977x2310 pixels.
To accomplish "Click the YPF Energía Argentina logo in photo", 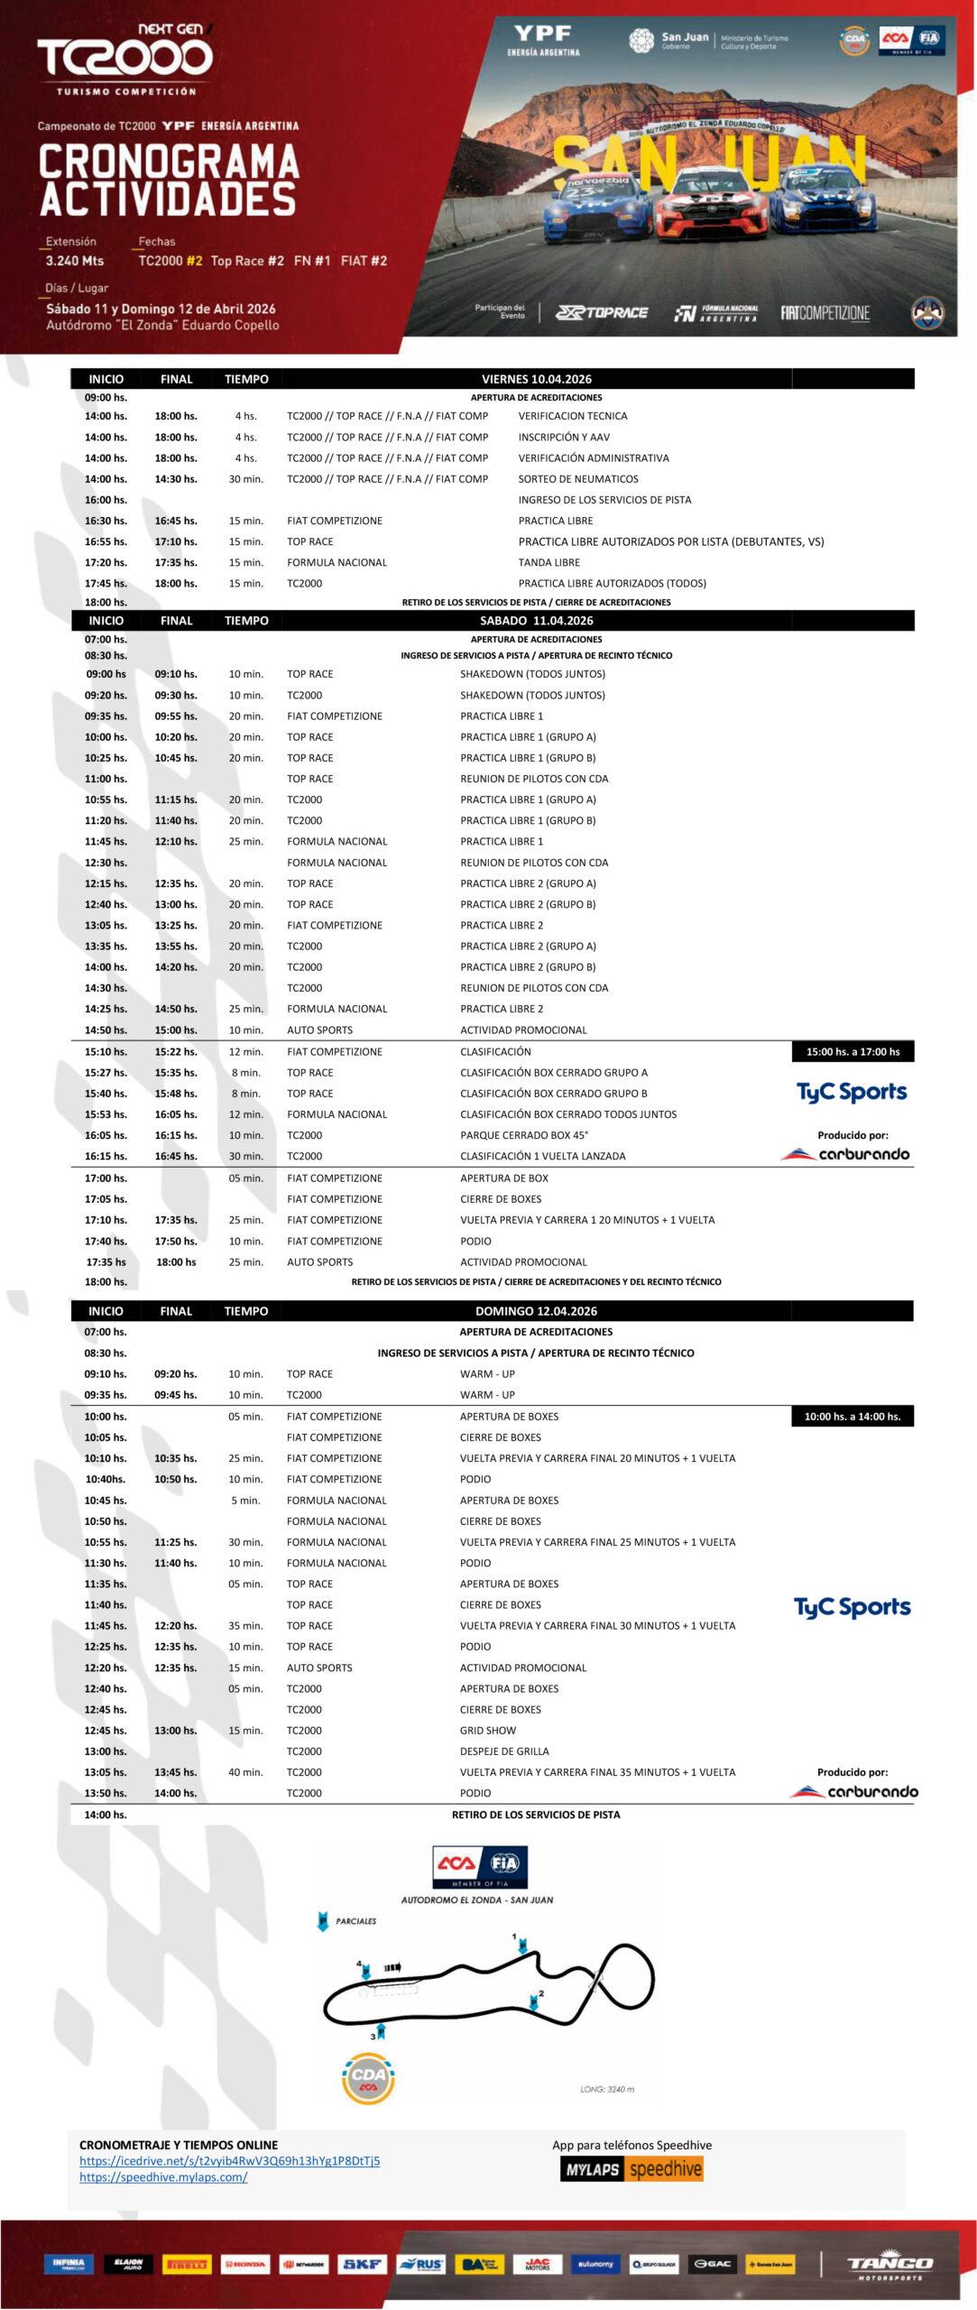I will pos(543,40).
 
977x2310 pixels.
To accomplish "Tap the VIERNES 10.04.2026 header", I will pos(536,379).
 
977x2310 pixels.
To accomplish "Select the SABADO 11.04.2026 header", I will pos(536,621).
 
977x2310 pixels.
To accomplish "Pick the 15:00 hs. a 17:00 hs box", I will pos(853,1051).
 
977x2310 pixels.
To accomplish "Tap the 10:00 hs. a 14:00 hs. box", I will pos(852,1417).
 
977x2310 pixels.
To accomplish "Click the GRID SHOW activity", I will pos(488,1731).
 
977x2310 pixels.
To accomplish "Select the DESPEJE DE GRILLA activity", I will pos(504,1751).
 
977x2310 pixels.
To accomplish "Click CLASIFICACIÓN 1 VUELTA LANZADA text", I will pos(542,1156).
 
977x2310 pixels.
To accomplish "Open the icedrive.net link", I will pos(229,2161).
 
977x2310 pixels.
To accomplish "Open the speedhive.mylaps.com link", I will pos(163,2177).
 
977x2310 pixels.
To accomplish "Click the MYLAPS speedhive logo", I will pos(631,2169).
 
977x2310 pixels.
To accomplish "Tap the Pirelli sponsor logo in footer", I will pos(187,2264).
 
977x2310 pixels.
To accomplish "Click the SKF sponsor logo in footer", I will pos(363,2264).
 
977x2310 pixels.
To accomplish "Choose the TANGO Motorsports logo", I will pos(889,2265).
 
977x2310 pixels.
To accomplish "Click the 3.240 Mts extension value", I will pos(75,261).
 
